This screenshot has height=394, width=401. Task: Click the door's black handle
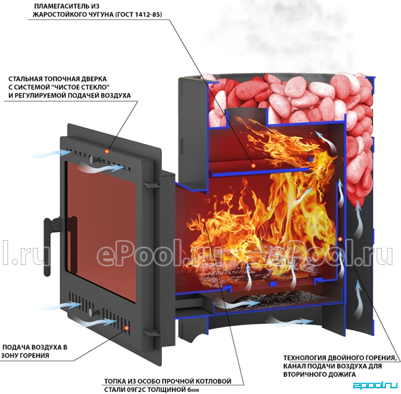(48, 246)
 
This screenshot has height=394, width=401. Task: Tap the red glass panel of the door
(101, 230)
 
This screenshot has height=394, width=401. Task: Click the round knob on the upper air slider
(92, 159)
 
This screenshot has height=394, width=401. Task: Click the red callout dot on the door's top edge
(107, 151)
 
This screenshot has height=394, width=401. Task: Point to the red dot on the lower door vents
(126, 328)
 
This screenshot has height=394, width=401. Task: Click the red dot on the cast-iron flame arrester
(253, 165)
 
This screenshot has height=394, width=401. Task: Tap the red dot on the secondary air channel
(340, 239)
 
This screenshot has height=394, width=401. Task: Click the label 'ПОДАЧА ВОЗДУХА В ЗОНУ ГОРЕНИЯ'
(34, 352)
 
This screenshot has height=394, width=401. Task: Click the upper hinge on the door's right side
(151, 184)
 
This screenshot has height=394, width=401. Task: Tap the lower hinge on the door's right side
(151, 332)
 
